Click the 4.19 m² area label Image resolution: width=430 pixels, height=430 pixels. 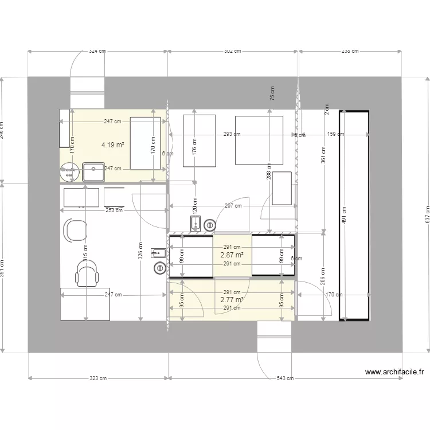pyautogui.click(x=113, y=145)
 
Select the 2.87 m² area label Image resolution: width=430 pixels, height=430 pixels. pyautogui.click(x=232, y=255)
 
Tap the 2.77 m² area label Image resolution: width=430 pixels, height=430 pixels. pyautogui.click(x=232, y=299)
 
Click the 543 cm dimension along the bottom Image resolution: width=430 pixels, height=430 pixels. pyautogui.click(x=285, y=378)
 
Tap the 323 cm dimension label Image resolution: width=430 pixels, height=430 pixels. pyautogui.click(x=98, y=378)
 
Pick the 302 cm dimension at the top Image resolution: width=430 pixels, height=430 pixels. pyautogui.click(x=232, y=51)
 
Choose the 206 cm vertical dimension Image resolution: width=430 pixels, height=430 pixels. pyautogui.click(x=323, y=277)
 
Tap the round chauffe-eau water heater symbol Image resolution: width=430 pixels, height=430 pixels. pyautogui.click(x=70, y=170)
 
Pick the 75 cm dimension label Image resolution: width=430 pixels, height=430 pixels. pyautogui.click(x=272, y=93)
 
